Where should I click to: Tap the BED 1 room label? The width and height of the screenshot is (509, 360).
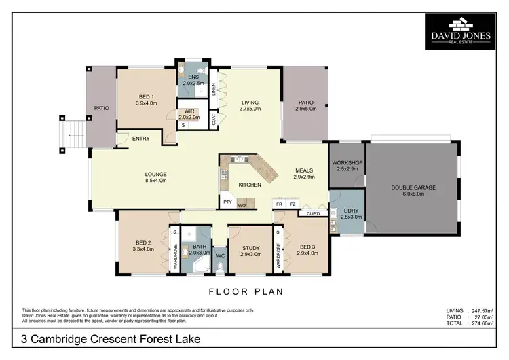tap(146, 99)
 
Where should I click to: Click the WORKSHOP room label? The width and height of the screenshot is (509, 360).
tap(346, 166)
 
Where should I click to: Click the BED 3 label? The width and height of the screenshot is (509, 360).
tap(307, 249)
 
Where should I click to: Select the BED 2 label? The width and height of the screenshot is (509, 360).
tap(145, 245)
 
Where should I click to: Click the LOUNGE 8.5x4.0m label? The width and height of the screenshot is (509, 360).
tap(155, 177)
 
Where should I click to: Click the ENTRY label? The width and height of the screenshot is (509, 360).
tap(140, 139)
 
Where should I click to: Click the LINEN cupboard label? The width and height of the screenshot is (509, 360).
tap(214, 88)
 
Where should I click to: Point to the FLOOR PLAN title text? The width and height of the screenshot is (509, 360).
tap(254, 292)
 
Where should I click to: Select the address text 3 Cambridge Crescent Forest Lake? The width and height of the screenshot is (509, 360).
tap(111, 338)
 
